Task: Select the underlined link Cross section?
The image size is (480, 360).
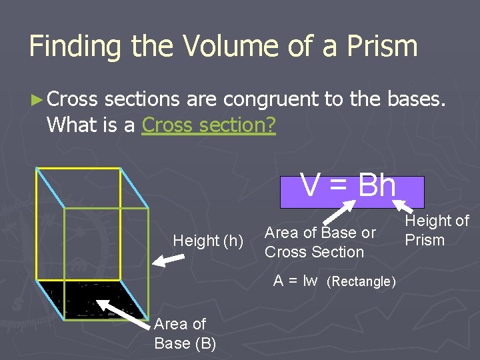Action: click(209, 125)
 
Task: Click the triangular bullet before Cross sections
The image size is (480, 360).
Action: click(36, 100)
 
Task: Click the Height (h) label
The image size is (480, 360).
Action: click(208, 241)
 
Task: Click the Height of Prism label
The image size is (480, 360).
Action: click(437, 230)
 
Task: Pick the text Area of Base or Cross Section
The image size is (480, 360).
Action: click(320, 242)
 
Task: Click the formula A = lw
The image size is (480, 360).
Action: click(295, 281)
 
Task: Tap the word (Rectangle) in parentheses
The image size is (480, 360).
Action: click(361, 281)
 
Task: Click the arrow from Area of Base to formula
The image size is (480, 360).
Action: click(341, 213)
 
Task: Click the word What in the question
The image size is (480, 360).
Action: click(71, 125)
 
